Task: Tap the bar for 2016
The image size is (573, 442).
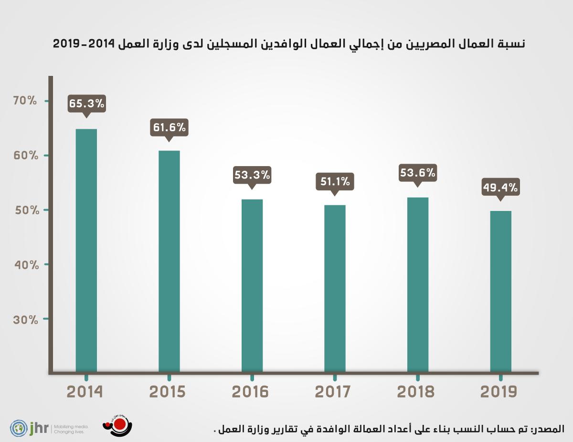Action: [x=252, y=285]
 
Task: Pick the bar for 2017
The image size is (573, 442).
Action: [x=335, y=288]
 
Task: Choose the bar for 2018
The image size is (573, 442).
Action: [x=418, y=284]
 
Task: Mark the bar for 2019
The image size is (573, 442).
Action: [x=501, y=291]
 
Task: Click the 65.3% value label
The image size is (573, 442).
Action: [x=86, y=104]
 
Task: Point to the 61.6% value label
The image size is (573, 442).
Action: [x=169, y=127]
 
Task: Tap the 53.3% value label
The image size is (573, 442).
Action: [x=252, y=175]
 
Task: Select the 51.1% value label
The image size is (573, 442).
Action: [x=335, y=182]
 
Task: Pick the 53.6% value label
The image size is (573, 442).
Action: [x=418, y=172]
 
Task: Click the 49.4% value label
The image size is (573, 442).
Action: [x=501, y=188]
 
